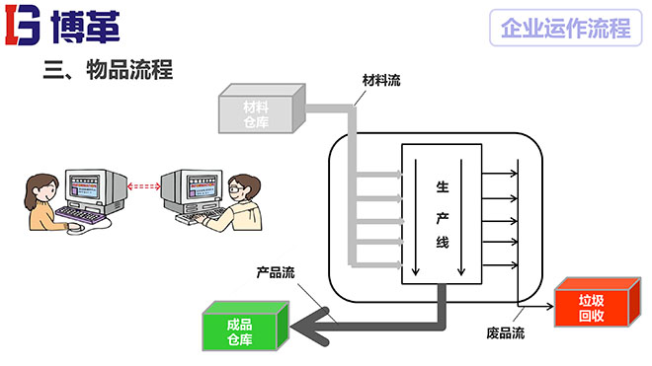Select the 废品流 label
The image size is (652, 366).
point(506,331)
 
